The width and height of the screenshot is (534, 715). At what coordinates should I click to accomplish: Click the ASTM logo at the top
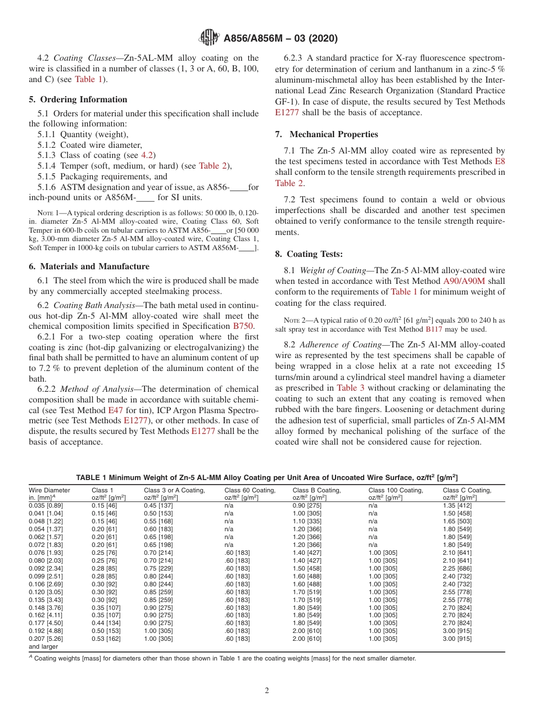point(209,39)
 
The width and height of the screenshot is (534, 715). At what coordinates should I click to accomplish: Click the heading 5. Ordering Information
point(78,99)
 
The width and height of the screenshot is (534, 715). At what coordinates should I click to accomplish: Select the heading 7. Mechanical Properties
point(326,134)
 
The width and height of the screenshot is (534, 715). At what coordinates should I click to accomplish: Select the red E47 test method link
point(115,410)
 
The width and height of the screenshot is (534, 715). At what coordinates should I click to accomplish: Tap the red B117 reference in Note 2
point(433,329)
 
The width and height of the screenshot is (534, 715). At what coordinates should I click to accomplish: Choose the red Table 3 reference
point(350,388)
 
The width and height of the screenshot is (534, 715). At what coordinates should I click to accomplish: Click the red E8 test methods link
point(500,161)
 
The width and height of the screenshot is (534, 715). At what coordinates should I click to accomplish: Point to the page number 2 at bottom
point(267,691)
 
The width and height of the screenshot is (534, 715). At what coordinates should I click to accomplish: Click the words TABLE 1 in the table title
point(91,477)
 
